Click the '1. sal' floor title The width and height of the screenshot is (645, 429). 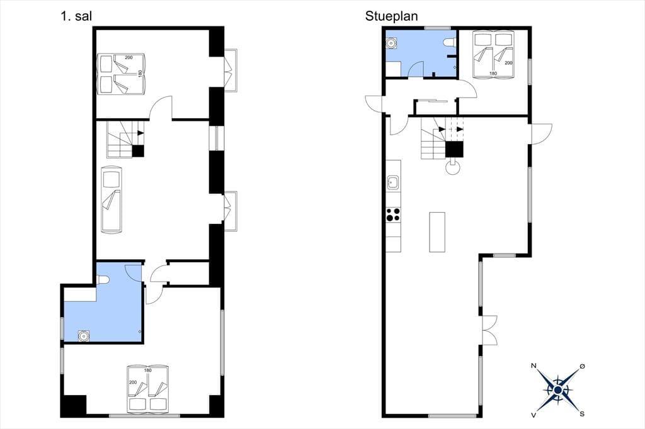76,16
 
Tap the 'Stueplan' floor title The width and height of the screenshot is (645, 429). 391,16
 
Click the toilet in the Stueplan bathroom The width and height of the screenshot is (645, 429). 449,42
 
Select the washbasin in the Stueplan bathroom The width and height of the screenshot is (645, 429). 391,43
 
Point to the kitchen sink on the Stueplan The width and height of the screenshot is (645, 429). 393,182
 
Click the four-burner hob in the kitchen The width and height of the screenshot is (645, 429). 393,214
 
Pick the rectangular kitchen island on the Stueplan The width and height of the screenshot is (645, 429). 437,231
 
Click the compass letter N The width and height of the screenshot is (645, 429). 534,365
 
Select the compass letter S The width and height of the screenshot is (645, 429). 582,414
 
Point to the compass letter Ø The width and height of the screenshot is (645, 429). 582,365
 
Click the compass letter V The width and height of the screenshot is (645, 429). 534,415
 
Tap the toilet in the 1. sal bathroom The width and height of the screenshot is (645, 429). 103,279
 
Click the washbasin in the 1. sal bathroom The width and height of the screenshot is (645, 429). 84,336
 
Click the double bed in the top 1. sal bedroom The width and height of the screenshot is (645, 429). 122,74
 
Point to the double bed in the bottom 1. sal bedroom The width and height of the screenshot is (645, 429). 148,388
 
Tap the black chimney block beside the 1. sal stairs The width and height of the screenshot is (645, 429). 138,151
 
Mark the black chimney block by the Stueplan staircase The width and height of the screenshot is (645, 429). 455,149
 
